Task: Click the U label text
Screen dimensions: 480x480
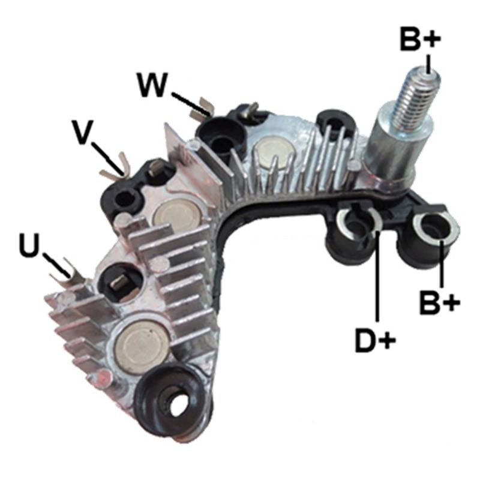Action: coord(29,245)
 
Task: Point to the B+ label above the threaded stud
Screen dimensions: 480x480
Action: coord(421,39)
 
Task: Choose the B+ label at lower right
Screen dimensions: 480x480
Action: coord(440,303)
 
